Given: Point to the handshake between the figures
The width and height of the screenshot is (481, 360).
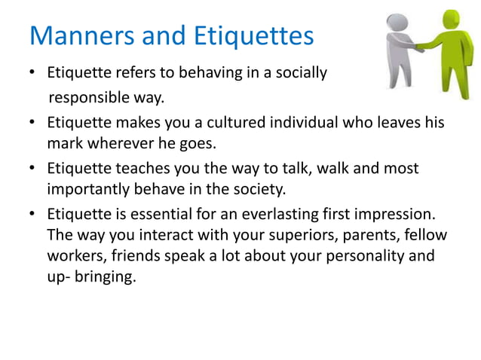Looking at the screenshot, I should tap(427, 47).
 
